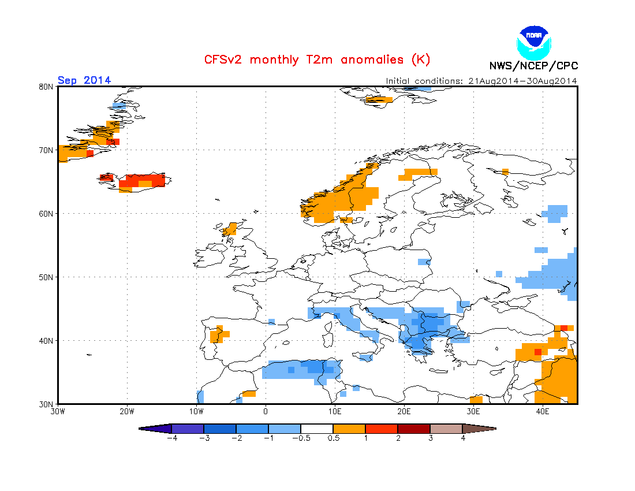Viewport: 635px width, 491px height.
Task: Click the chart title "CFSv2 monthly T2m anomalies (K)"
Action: coord(317,59)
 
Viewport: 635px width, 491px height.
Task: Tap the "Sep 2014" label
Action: coord(84,80)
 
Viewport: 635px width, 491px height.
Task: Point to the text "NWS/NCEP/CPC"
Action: coord(533,66)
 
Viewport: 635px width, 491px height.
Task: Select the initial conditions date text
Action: coord(481,81)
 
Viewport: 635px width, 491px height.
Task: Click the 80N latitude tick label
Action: coord(46,87)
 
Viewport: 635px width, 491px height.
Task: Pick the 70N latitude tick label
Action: coord(46,150)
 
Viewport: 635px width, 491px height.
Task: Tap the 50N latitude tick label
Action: coord(46,277)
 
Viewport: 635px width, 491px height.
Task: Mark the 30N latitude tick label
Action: coord(46,404)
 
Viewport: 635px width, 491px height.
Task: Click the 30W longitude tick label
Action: coord(58,412)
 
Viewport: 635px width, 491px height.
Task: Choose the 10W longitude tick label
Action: coord(196,412)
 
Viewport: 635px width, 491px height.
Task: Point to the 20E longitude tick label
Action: coord(404,412)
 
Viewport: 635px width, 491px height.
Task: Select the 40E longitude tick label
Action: coord(543,412)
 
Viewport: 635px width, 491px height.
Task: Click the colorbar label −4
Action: coord(171,438)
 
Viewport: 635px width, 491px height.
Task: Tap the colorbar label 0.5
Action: coord(333,438)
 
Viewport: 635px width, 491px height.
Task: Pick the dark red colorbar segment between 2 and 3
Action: coord(414,429)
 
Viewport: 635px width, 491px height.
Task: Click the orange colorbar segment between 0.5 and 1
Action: coord(349,429)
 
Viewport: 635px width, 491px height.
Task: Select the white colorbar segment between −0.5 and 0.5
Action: coord(317,429)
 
